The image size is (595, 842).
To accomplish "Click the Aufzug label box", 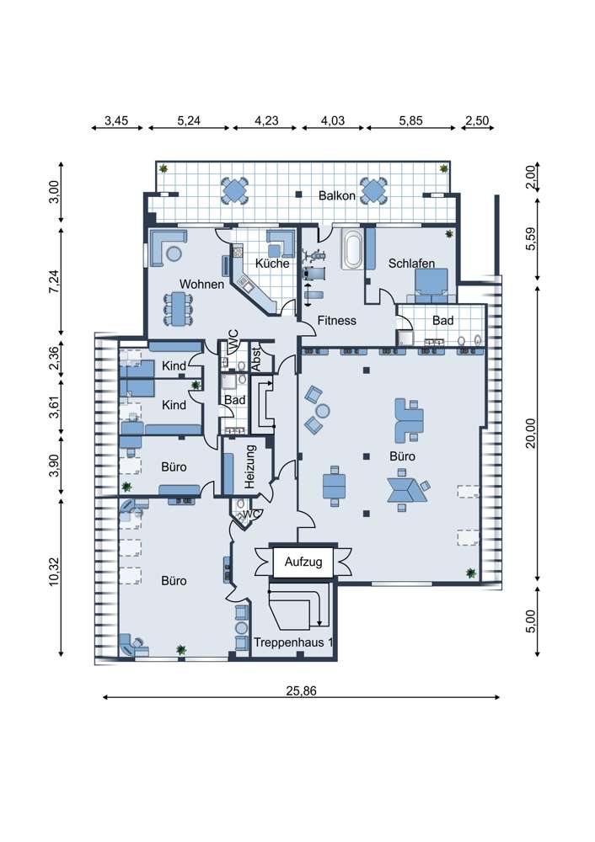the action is (303, 562).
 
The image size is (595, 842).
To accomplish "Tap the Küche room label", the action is (272, 263).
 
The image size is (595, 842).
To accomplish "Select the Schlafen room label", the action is (412, 263).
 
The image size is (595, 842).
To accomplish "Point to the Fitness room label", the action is (336, 321).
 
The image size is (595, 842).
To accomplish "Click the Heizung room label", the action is (249, 466).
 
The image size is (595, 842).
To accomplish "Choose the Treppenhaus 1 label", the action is (293, 642).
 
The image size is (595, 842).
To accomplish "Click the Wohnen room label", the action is (201, 284).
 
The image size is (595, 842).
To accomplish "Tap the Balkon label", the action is (337, 195).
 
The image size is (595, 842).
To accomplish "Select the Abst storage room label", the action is (256, 359).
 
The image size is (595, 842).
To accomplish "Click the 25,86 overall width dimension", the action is (301, 691).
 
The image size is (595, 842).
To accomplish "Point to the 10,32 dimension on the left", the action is (54, 572).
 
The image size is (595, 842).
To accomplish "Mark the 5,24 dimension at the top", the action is (189, 120).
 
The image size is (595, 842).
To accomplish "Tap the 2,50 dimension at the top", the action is (477, 120).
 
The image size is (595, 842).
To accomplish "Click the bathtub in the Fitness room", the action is (352, 250).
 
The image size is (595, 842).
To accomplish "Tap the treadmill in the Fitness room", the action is (313, 273).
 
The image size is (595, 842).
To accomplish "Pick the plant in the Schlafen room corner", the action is (449, 234).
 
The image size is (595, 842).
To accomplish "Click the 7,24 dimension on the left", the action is (54, 281).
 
